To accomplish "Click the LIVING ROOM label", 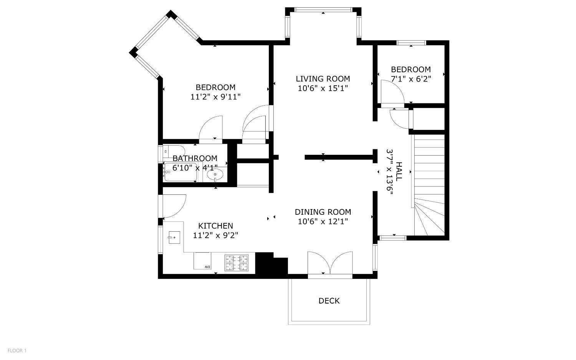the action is pos(323,79).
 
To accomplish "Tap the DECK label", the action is pos(329,301).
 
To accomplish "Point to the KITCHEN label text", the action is pos(215,226).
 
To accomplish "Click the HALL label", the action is pos(398,172).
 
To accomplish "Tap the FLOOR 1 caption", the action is pos(17,350).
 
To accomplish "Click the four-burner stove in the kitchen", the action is pos(237,263).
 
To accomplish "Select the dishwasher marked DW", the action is pos(202,260).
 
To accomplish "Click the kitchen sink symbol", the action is pos(174,237).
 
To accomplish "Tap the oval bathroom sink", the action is pos(215,175).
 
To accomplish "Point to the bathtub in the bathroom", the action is pos(181,172).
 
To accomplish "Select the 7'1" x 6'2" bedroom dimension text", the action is pos(410,79).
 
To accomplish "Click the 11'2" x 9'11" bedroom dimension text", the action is pos(215,97).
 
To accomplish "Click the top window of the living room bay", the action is pos(323,10).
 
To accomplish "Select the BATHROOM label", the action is pos(195,158).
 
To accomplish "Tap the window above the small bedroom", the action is pos(411,43).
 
